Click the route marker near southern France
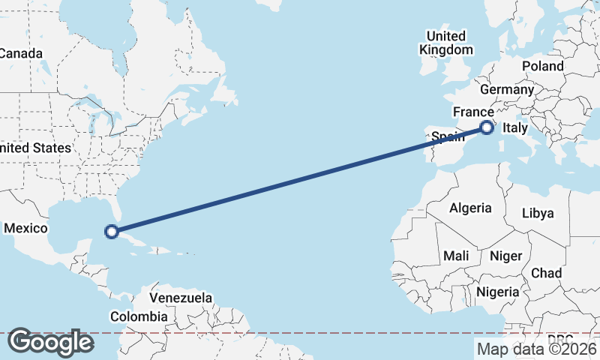point(487,127)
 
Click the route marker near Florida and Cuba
point(112,232)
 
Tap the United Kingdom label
point(446,43)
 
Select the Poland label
point(543,66)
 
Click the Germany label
point(506,89)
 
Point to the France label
point(472,112)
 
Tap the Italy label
point(516,127)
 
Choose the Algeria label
point(470,208)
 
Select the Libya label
point(538,213)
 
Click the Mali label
point(456,256)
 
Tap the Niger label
point(505,256)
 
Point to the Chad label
point(546,273)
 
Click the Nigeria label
point(497,292)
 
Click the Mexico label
point(26,228)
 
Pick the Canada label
point(21,53)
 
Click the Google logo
point(50,342)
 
